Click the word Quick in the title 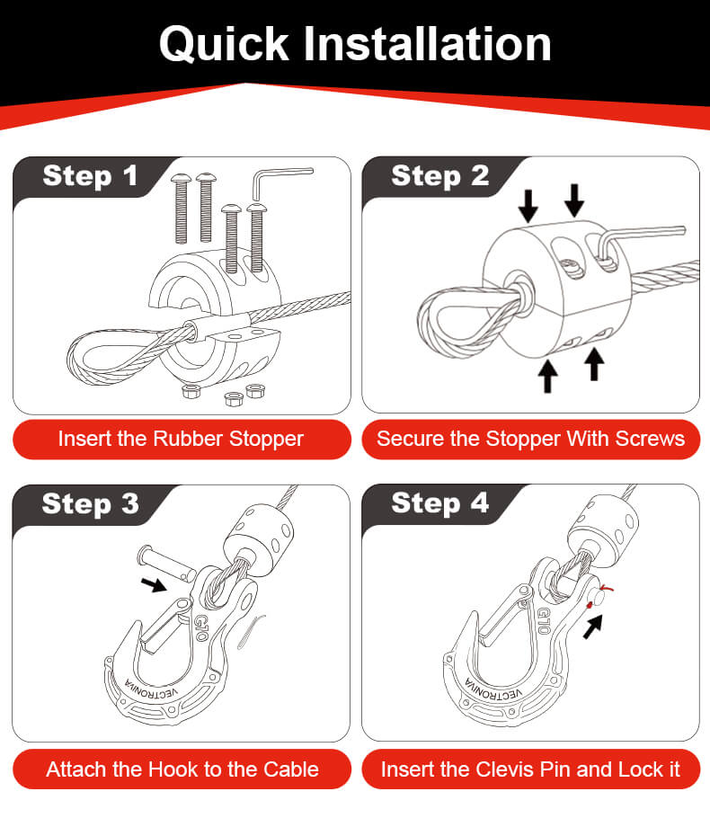[224, 44]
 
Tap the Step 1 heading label [90, 175]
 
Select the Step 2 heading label [439, 175]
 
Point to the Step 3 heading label [90, 503]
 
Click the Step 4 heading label [439, 503]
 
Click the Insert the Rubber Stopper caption [181, 440]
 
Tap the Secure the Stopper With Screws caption [530, 439]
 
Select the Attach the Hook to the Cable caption [182, 769]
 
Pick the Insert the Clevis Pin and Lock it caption [530, 769]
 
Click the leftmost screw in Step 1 [181, 209]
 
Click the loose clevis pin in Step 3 [165, 564]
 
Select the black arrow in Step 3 [154, 584]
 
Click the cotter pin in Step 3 [250, 631]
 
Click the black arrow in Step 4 [593, 627]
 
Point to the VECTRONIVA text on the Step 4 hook [493, 690]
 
